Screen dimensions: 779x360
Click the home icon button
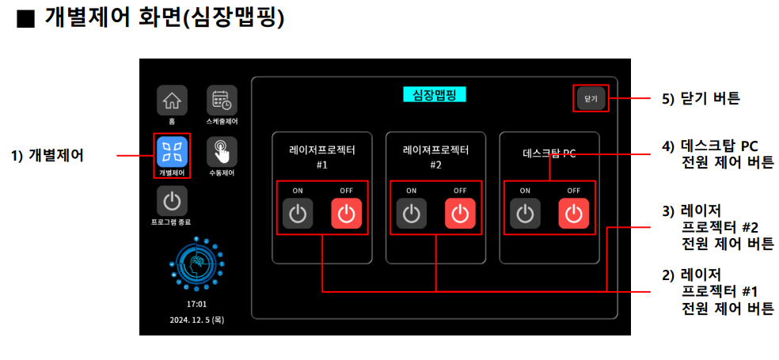[x=172, y=100]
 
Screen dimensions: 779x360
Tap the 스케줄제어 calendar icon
[x=222, y=100]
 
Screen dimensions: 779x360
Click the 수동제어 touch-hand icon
[x=222, y=150]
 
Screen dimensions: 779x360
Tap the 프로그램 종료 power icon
[x=172, y=200]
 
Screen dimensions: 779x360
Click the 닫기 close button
[x=591, y=98]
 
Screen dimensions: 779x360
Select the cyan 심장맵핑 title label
[x=435, y=94]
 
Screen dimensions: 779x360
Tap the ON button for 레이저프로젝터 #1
[x=298, y=214]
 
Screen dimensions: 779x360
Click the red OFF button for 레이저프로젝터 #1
[x=346, y=214]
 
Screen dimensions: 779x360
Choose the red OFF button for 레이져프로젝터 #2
[x=460, y=214]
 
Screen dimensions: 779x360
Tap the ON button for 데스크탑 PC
[x=525, y=214]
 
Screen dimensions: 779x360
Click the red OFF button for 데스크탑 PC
[x=574, y=214]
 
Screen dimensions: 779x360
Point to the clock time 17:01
[x=196, y=304]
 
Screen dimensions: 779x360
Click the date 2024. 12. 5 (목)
[x=196, y=320]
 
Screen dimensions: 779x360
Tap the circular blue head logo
[x=196, y=264]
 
